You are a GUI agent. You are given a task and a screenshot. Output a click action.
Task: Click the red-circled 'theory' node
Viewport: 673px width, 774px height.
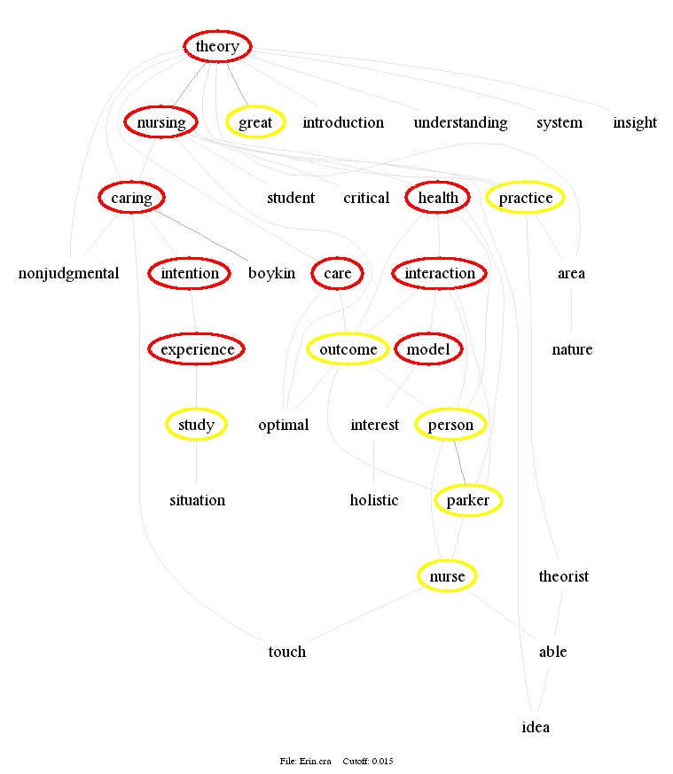(x=217, y=46)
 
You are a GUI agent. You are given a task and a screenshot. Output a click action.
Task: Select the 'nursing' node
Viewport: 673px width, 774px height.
(x=160, y=122)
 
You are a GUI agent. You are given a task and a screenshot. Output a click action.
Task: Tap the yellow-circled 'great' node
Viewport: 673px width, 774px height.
(x=255, y=122)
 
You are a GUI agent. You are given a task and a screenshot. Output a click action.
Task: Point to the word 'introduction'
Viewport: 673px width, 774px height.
(x=343, y=122)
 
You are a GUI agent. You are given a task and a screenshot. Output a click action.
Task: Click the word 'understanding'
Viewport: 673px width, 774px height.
(x=460, y=122)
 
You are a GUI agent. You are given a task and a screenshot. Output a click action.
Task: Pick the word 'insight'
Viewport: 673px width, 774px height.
(x=635, y=122)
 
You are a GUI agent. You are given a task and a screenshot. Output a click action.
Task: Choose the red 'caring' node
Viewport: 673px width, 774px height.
(x=131, y=198)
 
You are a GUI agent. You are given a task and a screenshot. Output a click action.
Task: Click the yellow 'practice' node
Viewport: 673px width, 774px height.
(x=526, y=198)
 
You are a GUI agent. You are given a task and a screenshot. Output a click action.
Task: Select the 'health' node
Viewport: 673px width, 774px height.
(x=438, y=198)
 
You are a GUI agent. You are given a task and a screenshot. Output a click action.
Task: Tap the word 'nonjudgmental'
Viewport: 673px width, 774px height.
(x=68, y=273)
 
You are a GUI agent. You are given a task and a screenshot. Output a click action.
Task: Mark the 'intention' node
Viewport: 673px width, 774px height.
(x=190, y=273)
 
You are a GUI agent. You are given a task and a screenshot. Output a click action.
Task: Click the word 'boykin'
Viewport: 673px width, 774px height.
(x=271, y=273)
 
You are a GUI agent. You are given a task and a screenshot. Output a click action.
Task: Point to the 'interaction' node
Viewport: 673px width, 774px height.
(x=440, y=273)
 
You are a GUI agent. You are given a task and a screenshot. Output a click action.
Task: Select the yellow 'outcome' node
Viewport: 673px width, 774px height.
(x=348, y=349)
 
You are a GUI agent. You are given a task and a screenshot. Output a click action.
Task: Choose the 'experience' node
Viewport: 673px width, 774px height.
(x=197, y=349)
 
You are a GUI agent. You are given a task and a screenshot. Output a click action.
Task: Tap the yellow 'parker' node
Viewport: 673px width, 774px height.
(x=468, y=501)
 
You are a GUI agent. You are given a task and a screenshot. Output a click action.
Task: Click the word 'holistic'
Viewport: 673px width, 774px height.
(x=374, y=501)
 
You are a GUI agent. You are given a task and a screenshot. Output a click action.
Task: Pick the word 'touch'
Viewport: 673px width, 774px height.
(x=286, y=652)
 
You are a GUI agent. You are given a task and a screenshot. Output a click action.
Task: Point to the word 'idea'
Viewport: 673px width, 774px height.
(x=536, y=727)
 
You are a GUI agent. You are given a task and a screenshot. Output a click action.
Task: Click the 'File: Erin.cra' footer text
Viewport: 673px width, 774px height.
(x=307, y=762)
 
